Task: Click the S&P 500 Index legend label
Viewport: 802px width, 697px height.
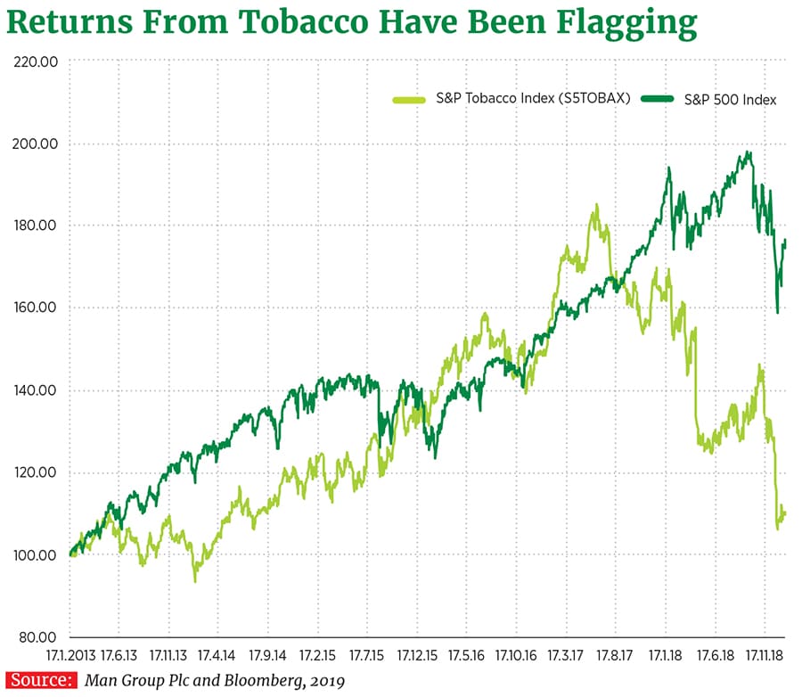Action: tap(730, 100)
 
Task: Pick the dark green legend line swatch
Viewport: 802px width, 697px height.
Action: tap(659, 100)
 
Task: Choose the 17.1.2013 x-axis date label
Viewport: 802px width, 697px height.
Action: tap(70, 655)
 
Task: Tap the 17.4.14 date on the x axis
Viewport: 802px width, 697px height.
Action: tap(218, 655)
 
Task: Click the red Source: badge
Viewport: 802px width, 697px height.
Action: tap(42, 681)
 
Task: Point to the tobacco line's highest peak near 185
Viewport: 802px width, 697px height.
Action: tap(596, 205)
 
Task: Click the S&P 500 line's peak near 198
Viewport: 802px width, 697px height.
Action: tap(749, 152)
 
